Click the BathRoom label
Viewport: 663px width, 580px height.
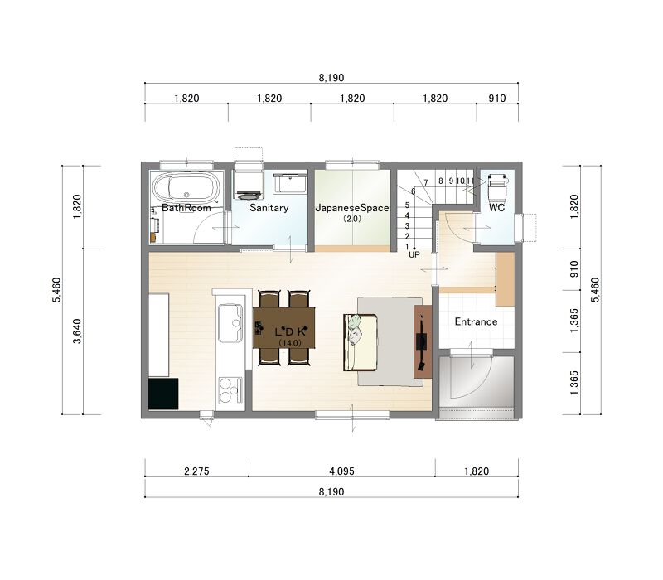click(186, 208)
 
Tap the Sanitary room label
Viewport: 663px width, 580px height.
click(269, 208)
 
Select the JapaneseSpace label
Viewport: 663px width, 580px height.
click(351, 208)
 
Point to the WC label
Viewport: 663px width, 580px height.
click(496, 208)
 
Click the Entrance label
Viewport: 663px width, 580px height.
click(476, 321)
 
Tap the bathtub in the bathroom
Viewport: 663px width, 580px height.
click(186, 187)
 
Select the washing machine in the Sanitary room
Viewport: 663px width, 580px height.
click(249, 184)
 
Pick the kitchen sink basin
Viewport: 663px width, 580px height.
click(230, 322)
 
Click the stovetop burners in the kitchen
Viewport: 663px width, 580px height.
click(230, 389)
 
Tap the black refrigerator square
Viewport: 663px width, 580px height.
click(163, 394)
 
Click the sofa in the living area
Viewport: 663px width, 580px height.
click(361, 342)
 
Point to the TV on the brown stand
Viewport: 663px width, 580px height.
click(422, 341)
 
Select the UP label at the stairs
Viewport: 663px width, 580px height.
click(414, 254)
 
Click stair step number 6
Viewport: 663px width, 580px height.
click(413, 191)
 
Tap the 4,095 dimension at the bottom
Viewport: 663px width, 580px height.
click(341, 471)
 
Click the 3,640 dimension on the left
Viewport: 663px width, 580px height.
click(77, 331)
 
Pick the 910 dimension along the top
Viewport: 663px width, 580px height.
click(496, 98)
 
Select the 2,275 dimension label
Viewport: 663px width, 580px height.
click(196, 471)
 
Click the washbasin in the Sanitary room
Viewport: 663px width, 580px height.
click(289, 182)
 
